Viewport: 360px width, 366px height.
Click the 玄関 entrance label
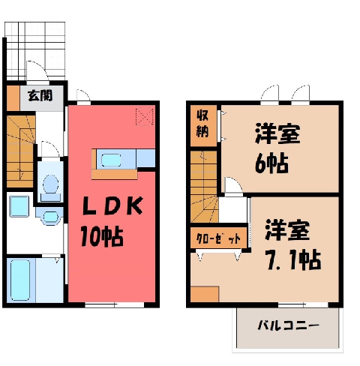(x=40, y=96)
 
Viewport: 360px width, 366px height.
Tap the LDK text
(x=112, y=205)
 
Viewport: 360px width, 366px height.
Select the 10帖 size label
(x=102, y=236)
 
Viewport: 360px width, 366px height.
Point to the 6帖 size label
(x=271, y=164)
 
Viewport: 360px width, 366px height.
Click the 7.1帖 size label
(x=293, y=260)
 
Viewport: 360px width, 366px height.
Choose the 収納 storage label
(x=202, y=124)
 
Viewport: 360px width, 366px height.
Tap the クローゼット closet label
(x=218, y=238)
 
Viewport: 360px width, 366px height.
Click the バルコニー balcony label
(x=288, y=325)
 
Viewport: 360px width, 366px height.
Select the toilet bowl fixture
(x=51, y=184)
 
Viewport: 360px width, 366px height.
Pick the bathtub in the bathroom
(x=20, y=280)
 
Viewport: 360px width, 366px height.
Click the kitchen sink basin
(x=111, y=160)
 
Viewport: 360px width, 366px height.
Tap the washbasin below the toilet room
(x=51, y=217)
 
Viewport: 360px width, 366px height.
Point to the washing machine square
(x=19, y=206)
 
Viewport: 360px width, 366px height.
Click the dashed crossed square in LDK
(x=144, y=117)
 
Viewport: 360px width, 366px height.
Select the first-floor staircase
(x=20, y=151)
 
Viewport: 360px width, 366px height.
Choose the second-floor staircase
(x=204, y=186)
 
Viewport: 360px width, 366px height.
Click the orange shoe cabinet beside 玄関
(x=13, y=98)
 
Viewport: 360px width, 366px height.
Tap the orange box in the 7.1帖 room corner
(x=205, y=294)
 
